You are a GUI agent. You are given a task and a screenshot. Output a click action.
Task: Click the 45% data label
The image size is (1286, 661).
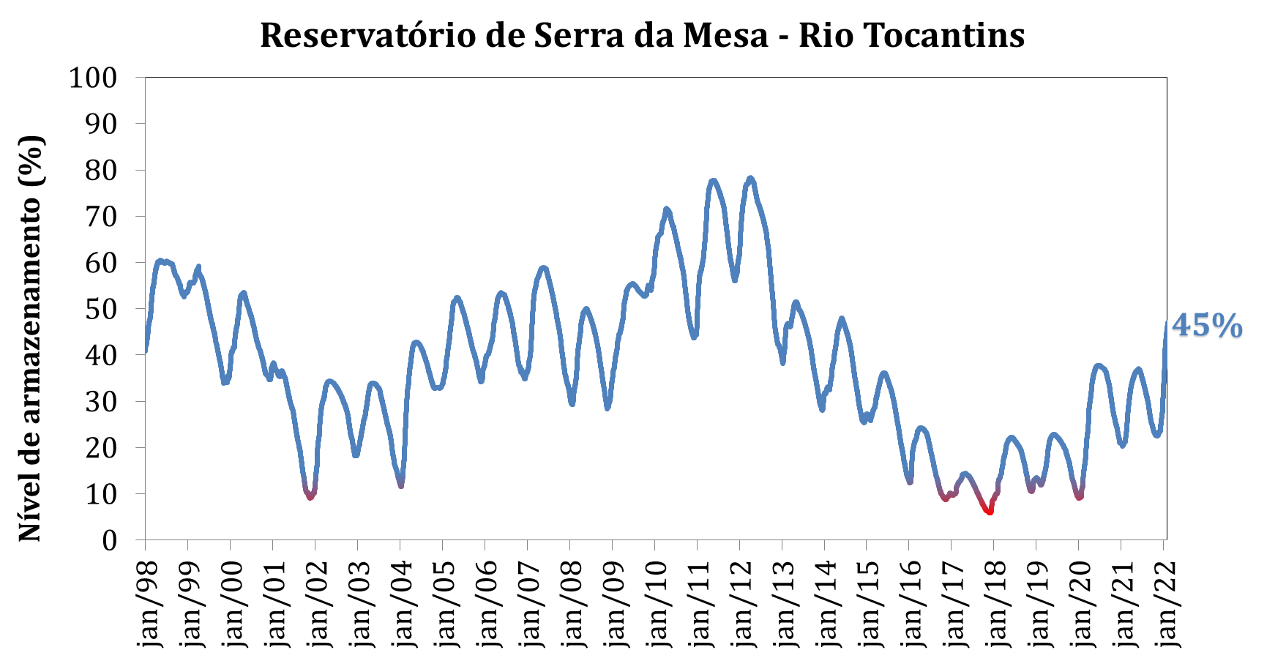pos(1207,326)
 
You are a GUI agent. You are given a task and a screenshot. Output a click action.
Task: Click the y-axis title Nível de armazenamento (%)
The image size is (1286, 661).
pos(30,338)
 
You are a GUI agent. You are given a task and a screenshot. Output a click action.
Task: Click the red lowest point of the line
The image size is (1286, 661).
pos(990,512)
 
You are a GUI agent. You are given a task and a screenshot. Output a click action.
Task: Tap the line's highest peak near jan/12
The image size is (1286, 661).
pos(750,178)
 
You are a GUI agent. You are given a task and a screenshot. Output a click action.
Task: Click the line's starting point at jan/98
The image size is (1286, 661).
pos(146,351)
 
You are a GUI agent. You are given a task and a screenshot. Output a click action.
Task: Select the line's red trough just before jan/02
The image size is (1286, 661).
pos(310,497)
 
